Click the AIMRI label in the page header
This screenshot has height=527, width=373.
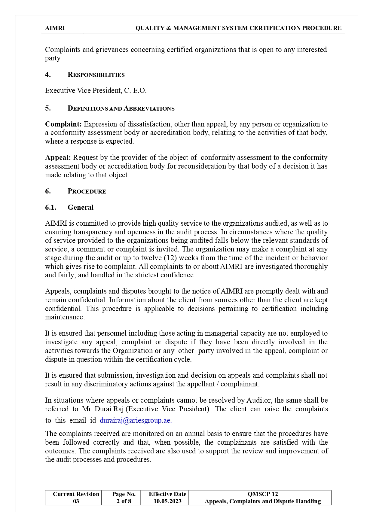(x=55, y=28)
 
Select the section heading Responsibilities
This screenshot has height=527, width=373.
(x=96, y=75)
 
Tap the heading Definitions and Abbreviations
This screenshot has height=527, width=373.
(x=121, y=108)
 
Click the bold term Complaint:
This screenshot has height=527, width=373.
(x=63, y=124)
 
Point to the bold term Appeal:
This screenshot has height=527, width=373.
(x=58, y=157)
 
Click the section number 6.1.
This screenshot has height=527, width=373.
(x=50, y=207)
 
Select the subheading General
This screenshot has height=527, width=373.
(x=80, y=207)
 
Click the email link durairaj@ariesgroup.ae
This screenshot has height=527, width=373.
(x=136, y=420)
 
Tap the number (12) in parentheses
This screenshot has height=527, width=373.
(x=170, y=258)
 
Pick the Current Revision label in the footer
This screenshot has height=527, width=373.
(x=76, y=494)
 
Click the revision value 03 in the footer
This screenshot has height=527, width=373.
(x=76, y=501)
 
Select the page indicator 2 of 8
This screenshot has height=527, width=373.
(x=124, y=501)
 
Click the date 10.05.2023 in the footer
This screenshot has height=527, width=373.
(x=167, y=501)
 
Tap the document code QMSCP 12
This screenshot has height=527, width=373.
(x=263, y=494)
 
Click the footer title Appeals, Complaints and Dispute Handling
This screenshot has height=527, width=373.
(x=263, y=501)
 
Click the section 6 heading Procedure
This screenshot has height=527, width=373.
(x=87, y=191)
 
